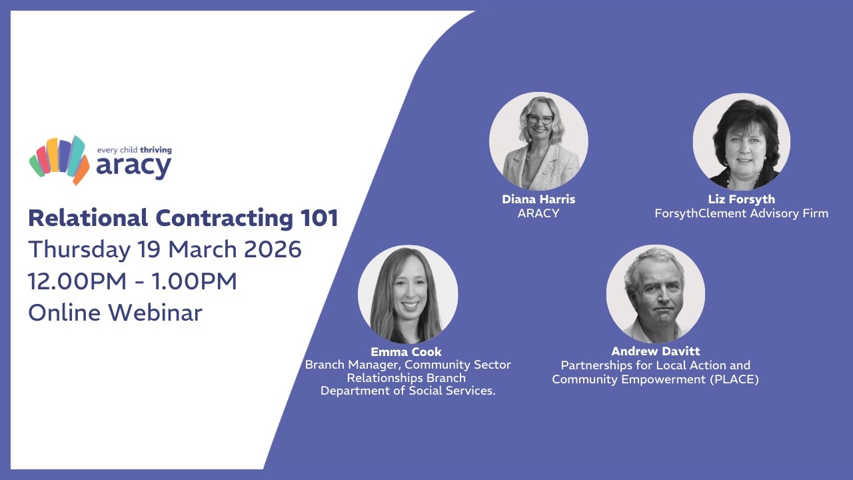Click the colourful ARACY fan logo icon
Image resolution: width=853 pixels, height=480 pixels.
click(59, 159)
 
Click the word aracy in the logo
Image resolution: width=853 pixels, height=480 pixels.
click(133, 167)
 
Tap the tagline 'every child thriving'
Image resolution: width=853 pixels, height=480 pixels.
click(134, 150)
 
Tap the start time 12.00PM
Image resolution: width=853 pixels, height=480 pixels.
click(77, 281)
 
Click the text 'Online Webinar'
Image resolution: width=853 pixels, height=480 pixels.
click(115, 312)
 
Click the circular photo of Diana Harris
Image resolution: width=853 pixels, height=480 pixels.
click(538, 141)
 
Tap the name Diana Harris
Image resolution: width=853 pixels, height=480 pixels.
click(538, 199)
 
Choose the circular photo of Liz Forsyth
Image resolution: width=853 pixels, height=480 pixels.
click(742, 141)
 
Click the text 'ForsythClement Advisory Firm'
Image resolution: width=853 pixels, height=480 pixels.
click(742, 213)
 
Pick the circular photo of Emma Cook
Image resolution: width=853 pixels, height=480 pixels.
click(408, 294)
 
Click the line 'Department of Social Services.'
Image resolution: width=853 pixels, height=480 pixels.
click(408, 391)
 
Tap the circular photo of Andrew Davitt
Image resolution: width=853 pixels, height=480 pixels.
click(656, 294)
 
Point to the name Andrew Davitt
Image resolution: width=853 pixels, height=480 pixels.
click(656, 351)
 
